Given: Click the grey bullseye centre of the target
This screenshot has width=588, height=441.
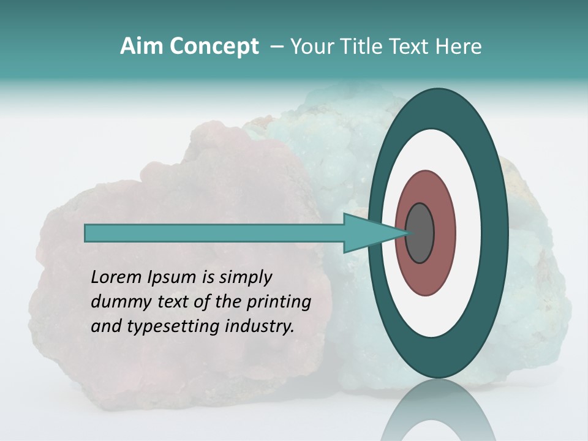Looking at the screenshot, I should click(420, 233).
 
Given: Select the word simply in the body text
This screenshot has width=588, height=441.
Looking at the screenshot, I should click(246, 278).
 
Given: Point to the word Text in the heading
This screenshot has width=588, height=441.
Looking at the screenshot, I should click(412, 47).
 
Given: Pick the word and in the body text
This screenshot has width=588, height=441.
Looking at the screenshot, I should click(105, 326).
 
